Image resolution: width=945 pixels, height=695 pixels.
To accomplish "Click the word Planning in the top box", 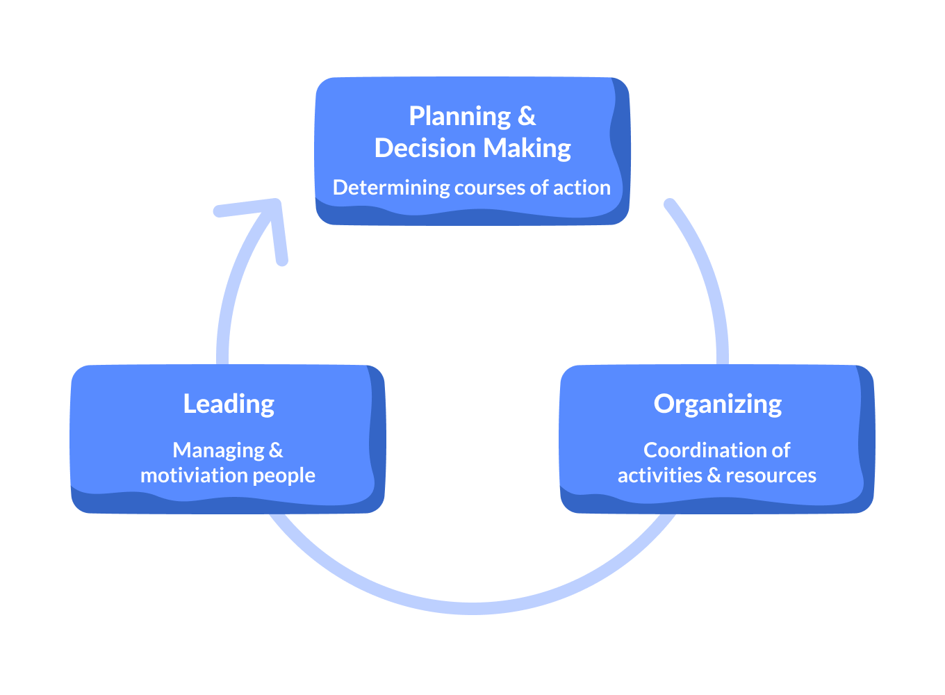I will [459, 117].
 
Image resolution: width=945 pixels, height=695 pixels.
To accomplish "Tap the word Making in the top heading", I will [527, 148].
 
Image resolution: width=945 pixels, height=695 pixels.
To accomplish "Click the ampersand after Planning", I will [527, 117].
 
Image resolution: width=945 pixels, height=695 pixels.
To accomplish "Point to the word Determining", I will [391, 188].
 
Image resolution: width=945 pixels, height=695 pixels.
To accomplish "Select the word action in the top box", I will [582, 188].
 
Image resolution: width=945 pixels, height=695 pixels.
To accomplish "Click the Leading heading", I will [229, 404].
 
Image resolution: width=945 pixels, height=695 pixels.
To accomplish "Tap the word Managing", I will [218, 450].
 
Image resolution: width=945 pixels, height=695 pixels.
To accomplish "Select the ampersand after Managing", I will [276, 450].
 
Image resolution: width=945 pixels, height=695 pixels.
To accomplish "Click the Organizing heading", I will [718, 404].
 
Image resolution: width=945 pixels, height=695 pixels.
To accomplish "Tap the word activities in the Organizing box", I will [659, 475].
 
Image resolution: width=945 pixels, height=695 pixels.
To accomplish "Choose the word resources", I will [771, 475].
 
